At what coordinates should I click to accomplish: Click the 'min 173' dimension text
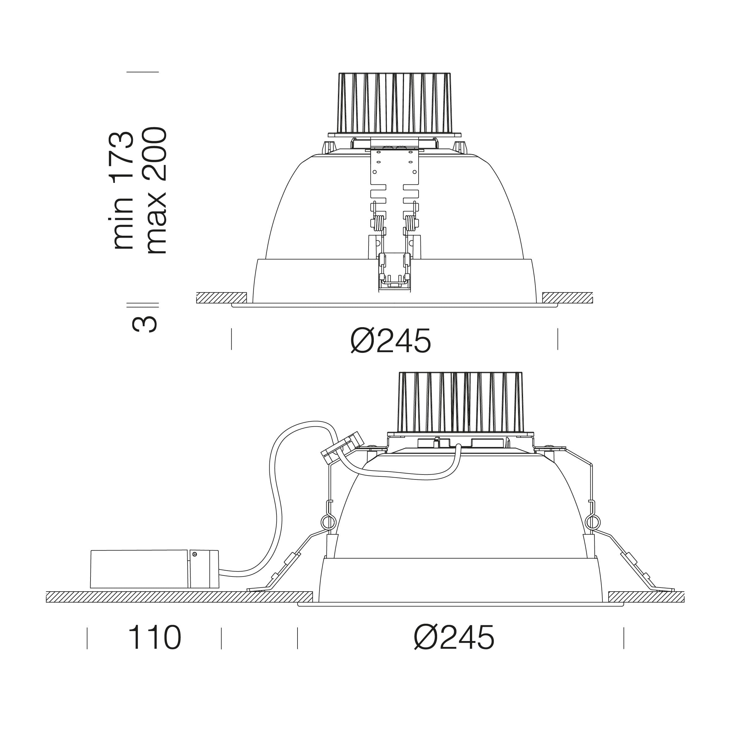[123, 190]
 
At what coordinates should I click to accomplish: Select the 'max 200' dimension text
[156, 190]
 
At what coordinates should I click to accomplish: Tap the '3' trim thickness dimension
[144, 324]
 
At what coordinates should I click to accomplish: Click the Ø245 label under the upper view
[391, 340]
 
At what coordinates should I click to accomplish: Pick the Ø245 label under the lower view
[454, 637]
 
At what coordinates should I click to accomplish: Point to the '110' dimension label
[155, 637]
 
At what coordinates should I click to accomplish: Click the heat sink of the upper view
[395, 103]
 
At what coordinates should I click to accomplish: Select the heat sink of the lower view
[461, 402]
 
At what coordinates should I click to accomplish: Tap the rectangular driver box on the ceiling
[154, 569]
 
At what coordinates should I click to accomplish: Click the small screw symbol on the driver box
[195, 554]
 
